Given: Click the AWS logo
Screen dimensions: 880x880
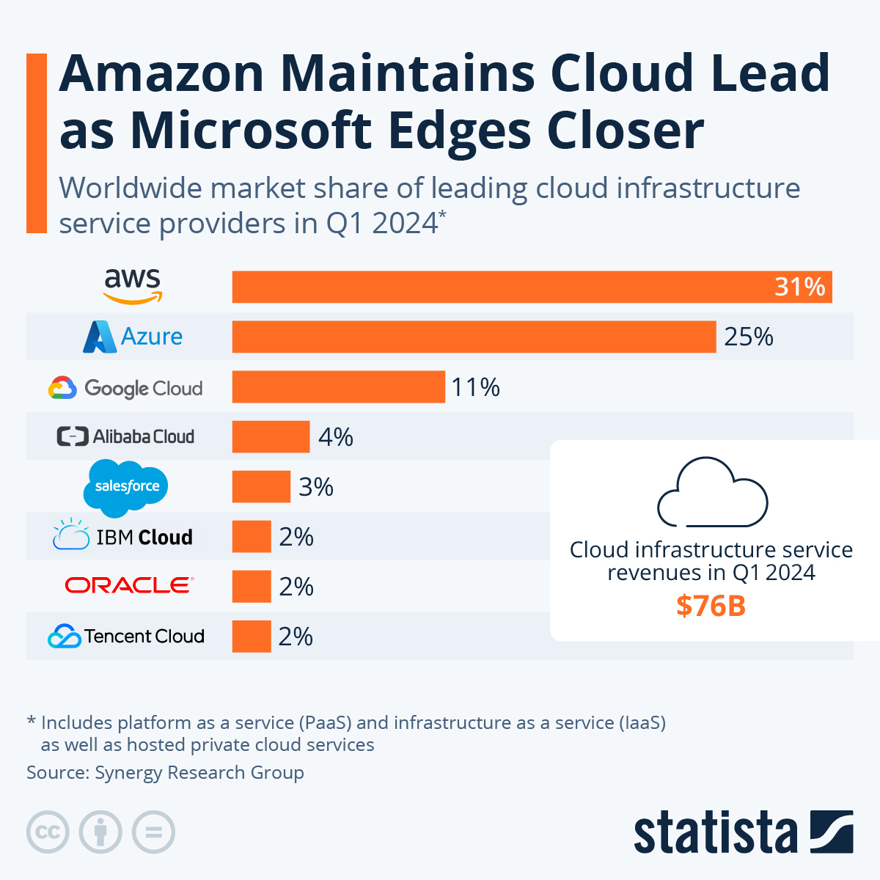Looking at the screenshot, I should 132,285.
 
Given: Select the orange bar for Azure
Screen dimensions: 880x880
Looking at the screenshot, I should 474,337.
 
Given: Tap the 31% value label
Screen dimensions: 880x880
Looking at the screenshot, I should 799,286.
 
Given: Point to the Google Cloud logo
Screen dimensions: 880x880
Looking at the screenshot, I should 125,388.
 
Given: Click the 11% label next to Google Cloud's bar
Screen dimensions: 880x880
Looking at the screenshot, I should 475,386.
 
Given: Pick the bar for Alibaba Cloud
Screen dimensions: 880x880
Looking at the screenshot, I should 271,437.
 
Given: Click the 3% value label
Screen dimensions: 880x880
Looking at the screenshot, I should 316,487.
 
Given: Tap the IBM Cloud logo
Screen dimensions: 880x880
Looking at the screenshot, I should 123,536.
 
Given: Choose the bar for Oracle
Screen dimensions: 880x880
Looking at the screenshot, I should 252,587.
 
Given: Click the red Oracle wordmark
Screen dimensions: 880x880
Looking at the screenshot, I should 128,585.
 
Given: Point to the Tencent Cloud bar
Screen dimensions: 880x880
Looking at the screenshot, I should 252,636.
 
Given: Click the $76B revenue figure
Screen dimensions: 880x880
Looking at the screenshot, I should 711,606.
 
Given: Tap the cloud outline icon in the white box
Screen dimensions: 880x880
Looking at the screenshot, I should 712,492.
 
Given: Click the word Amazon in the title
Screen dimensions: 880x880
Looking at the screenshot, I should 161,73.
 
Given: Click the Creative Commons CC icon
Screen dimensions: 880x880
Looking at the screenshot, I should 48,832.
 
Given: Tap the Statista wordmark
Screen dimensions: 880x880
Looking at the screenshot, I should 715,832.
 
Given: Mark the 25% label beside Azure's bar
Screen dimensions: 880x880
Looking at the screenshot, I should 749,337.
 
